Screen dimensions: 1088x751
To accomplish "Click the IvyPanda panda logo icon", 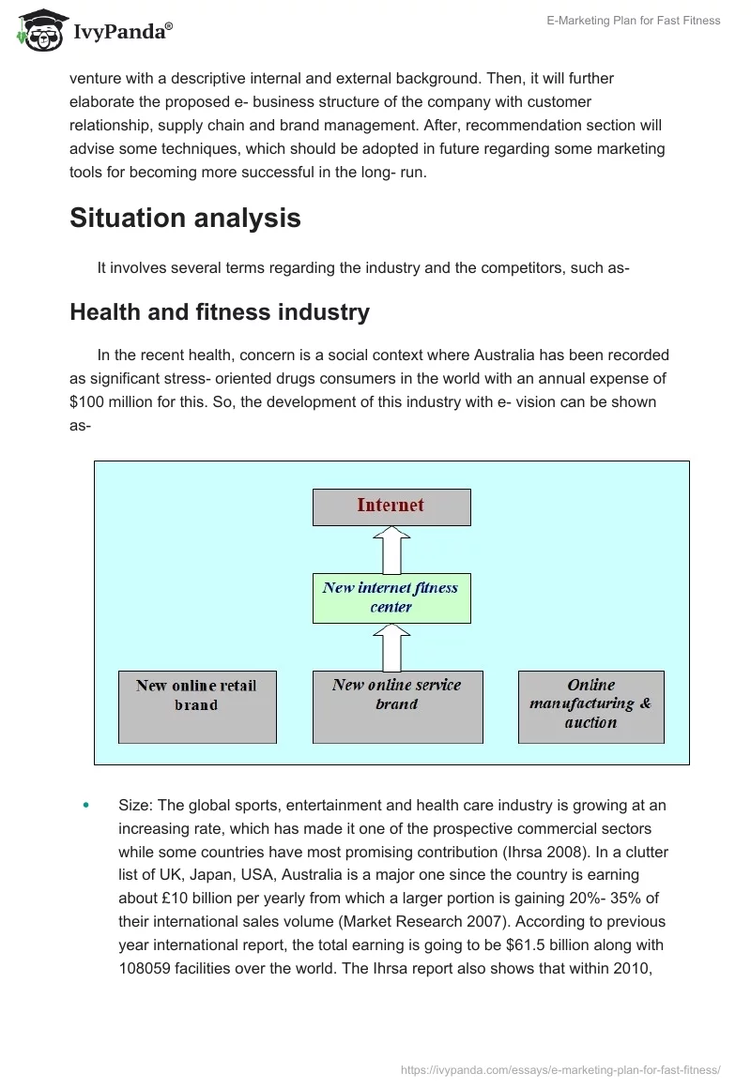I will tap(38, 31).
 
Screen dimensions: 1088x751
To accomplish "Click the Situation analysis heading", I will tap(185, 218).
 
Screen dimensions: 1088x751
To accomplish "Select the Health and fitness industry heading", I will tap(219, 312).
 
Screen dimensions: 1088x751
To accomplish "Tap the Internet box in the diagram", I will tap(391, 506).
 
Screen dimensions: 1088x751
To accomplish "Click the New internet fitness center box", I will tap(391, 597).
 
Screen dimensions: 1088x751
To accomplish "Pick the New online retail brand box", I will tap(196, 706).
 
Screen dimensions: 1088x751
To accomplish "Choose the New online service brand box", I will tap(397, 706).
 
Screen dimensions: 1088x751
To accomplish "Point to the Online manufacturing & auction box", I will tap(590, 706).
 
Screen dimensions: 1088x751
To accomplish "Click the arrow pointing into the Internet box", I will tap(391, 550).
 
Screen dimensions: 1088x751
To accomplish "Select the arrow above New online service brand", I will tap(391, 647).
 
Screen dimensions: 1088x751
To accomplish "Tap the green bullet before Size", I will tap(86, 805).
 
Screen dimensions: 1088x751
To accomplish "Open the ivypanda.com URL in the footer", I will tap(560, 1068).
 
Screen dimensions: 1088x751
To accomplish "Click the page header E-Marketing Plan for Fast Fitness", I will tap(634, 21).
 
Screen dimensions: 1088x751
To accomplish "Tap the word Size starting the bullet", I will tap(135, 805).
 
